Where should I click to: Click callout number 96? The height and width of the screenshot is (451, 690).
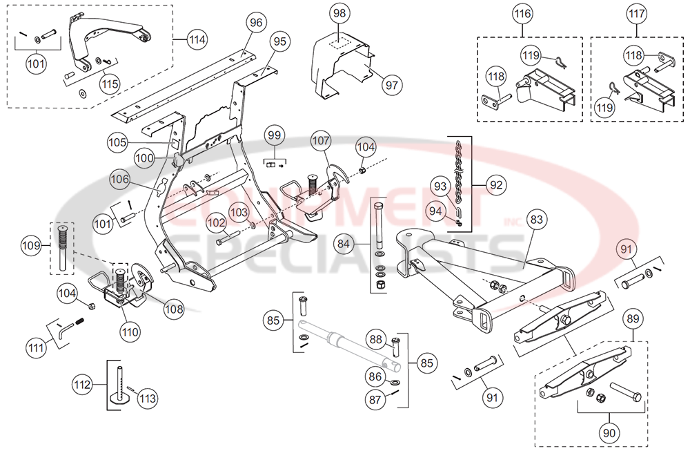click(257, 23)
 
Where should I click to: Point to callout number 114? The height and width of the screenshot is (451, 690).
click(197, 40)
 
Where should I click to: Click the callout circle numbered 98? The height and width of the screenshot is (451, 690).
click(339, 14)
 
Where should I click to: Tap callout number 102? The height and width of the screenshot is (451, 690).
click(215, 223)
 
